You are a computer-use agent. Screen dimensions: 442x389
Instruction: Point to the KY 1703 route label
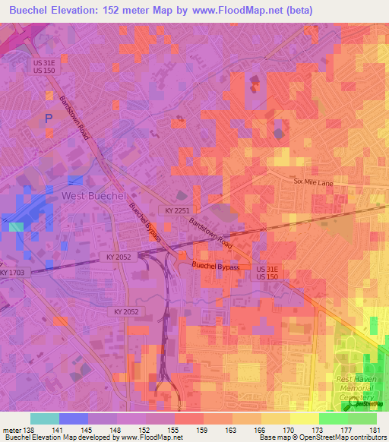pos(12,273)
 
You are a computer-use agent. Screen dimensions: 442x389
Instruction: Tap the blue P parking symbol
pos(49,118)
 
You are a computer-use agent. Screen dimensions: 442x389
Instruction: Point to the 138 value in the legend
pos(28,429)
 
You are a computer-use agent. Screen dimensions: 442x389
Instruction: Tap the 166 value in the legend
pos(261,429)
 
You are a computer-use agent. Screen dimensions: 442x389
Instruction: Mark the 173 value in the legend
pos(318,429)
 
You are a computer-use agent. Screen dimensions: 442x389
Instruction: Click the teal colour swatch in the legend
pos(44,418)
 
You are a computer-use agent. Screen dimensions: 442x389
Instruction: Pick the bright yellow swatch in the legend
pos(304,418)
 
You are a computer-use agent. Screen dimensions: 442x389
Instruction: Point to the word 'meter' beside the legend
pos(11,429)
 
